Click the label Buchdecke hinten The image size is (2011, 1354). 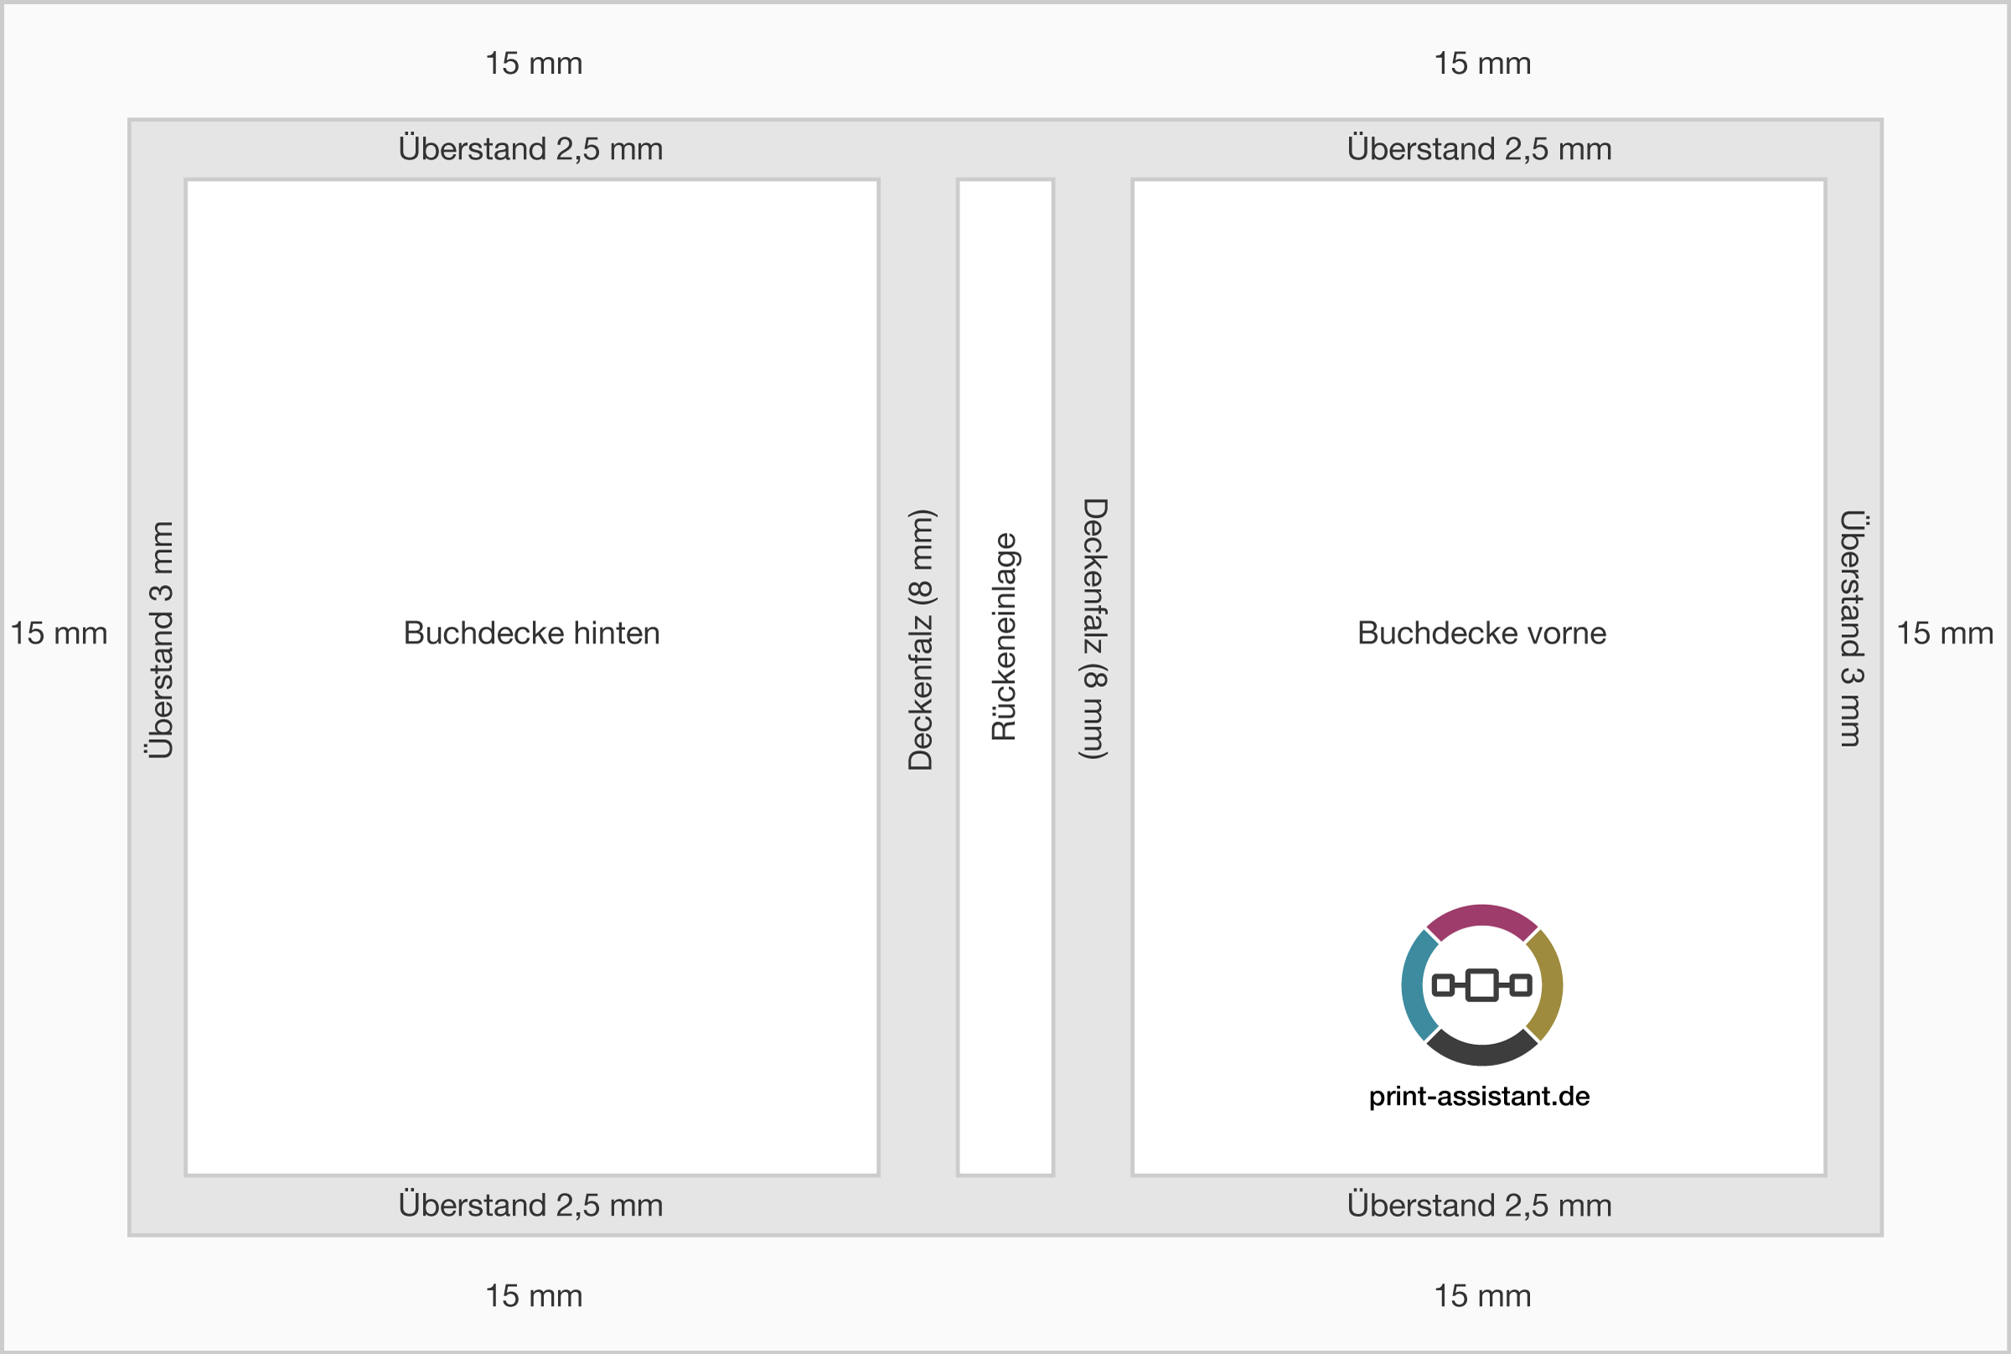coord(532,633)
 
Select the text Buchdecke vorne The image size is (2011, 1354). coord(1481,633)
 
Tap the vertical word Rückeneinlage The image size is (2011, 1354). coord(1004,638)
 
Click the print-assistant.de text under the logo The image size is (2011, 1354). coord(1479,1096)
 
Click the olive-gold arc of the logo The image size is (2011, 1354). coord(1549,985)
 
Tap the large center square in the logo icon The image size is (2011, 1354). coord(1481,985)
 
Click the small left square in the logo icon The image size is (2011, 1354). coord(1443,985)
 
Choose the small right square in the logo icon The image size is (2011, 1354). coord(1521,985)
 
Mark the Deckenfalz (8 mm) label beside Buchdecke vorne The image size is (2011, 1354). coord(1094,628)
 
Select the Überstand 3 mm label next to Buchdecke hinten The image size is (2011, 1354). coord(161,640)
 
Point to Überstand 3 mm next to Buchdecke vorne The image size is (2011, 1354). coord(1851,628)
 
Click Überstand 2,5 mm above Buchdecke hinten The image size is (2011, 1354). coord(531,148)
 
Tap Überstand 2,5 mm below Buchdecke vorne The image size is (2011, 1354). coord(1479,1205)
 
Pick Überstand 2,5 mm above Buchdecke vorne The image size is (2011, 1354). coord(1479,148)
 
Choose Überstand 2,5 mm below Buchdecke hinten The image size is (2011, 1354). coord(531,1205)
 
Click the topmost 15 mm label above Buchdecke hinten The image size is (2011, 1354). coord(534,63)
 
